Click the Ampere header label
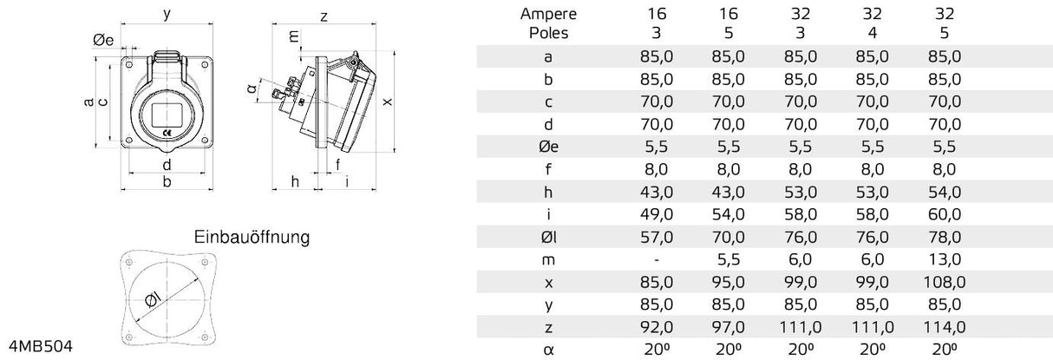(x=547, y=14)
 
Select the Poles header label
(x=547, y=33)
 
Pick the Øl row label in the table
(x=547, y=237)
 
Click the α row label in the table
(x=547, y=350)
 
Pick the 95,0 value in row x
(x=728, y=282)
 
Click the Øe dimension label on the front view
(x=103, y=40)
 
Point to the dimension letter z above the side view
(x=323, y=16)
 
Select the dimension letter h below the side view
(x=295, y=181)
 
